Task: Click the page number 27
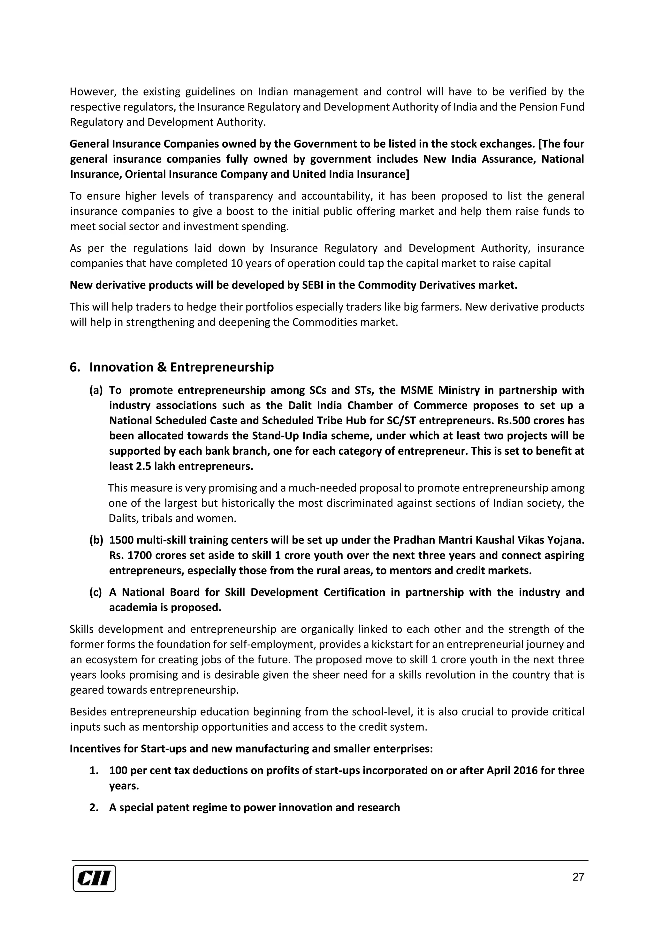[x=578, y=877]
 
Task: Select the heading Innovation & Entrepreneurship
[x=181, y=367]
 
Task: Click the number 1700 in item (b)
[x=139, y=555]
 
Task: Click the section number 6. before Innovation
[x=74, y=367]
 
